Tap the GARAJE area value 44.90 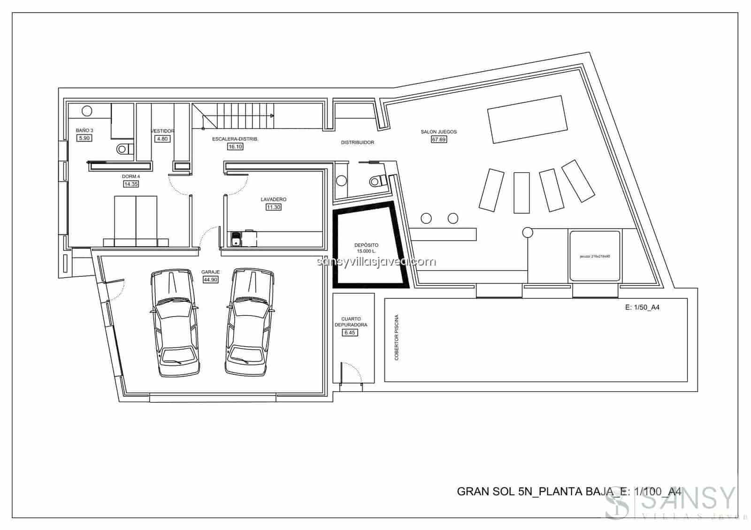[x=210, y=280]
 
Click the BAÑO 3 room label [x=84, y=130]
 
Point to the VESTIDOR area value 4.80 [x=162, y=139]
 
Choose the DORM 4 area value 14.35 [x=131, y=184]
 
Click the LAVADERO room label [x=273, y=199]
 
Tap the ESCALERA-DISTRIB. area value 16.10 [x=235, y=147]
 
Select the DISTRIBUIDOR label [x=357, y=142]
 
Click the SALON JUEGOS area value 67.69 [x=438, y=139]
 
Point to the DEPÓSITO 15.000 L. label [x=366, y=248]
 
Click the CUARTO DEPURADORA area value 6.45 [x=350, y=333]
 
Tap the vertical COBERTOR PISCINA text [x=397, y=338]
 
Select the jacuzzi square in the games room [x=595, y=256]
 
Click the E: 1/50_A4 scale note [x=643, y=308]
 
